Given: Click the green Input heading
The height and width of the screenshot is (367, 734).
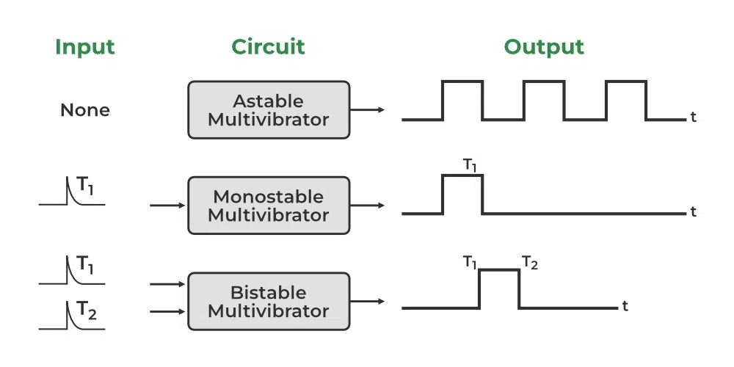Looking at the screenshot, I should tap(85, 47).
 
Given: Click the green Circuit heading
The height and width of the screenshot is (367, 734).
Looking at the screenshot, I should tap(268, 47).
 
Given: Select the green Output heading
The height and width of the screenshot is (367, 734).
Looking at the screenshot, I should tap(544, 47).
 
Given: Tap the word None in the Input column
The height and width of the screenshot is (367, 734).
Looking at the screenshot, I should tap(85, 110).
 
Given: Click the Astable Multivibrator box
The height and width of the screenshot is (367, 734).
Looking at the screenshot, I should tap(268, 110).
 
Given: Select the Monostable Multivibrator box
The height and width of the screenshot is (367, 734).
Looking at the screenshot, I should tap(268, 206).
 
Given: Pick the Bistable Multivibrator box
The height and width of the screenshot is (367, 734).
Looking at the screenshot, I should tap(268, 301).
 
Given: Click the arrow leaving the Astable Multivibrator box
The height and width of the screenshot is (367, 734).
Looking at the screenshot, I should tap(367, 110).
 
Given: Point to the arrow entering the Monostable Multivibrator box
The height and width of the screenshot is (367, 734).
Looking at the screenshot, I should tap(168, 206).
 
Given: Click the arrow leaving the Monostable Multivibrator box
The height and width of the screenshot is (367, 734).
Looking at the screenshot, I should tap(367, 206).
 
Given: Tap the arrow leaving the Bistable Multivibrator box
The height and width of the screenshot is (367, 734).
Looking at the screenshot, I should tap(367, 301).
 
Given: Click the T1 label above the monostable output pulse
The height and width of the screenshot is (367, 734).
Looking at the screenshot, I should tap(470, 165).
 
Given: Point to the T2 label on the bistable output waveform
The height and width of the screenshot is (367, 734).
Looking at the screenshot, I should tap(530, 262).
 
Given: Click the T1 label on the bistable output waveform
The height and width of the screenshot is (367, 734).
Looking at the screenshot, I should tap(470, 262).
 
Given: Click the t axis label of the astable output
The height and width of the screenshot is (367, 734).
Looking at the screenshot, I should tap(693, 117).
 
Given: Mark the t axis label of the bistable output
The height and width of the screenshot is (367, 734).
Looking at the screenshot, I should tap(625, 306).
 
